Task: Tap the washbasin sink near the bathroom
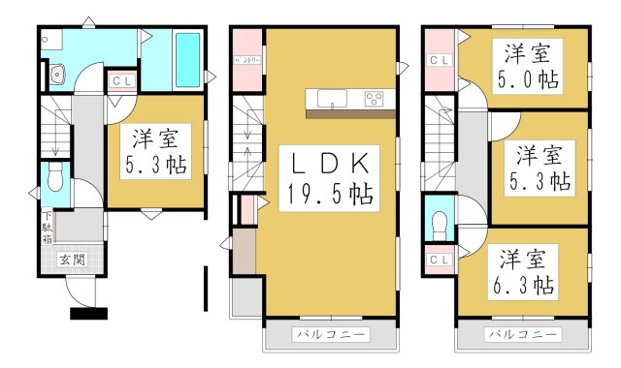56,72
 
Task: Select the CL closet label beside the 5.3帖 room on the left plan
121,81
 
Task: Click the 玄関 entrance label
71,259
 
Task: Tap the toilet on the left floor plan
54,179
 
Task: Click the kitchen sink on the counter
327,98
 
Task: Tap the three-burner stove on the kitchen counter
374,98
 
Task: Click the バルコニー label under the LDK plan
331,335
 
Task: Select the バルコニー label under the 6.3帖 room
523,335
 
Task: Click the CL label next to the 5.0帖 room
438,59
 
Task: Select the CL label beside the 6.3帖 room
438,259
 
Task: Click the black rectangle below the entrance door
88,313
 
